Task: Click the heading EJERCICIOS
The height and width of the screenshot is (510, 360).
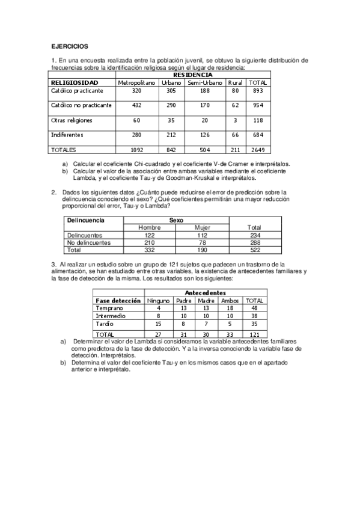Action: [69, 46]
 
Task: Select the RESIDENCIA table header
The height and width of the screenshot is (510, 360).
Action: [192, 75]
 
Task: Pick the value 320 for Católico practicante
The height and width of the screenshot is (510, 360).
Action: [136, 90]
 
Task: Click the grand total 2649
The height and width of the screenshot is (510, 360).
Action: [258, 150]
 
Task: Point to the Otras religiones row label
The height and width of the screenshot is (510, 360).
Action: [72, 120]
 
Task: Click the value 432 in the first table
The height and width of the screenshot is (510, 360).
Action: [136, 105]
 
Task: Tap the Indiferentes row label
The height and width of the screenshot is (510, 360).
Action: [67, 135]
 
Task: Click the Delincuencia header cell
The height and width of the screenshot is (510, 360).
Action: [85, 221]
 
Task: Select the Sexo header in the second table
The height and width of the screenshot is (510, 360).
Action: [176, 221]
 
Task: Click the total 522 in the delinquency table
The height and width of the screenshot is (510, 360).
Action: [254, 249]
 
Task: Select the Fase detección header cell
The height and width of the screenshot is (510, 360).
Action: [118, 300]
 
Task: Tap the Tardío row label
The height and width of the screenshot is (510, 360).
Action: [105, 324]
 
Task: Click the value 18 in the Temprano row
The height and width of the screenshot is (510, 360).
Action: [230, 308]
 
